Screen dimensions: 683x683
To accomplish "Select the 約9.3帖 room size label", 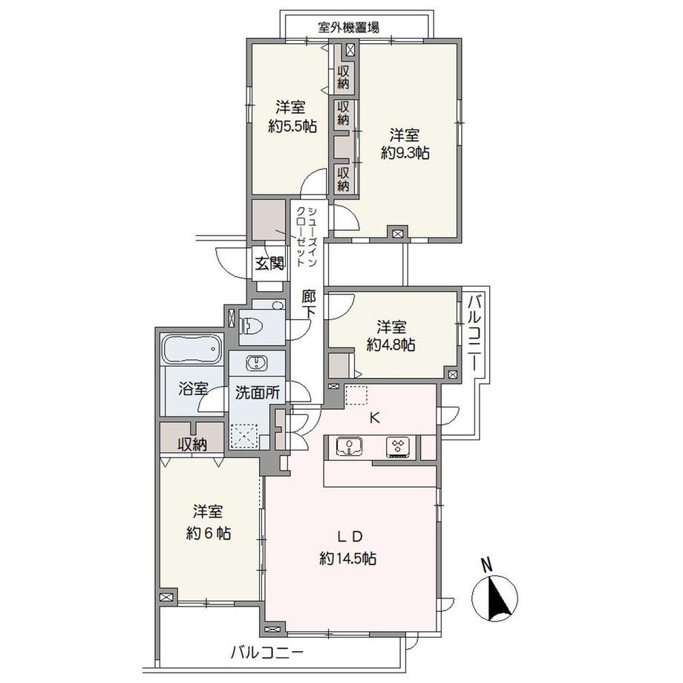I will coord(405,153).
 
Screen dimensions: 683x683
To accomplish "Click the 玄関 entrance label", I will coord(269,263).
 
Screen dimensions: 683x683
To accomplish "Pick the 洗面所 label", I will coord(257,393).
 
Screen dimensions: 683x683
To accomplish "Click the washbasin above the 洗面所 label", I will coord(256,362).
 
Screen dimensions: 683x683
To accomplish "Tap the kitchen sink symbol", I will coord(348,446).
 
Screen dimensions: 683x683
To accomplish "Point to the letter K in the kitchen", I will coord(375,418).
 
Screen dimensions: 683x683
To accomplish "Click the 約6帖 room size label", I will coord(208,533).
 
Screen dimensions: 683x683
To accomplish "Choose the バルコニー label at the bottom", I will coord(267,654).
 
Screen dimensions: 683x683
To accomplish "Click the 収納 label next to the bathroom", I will coord(192,445).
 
